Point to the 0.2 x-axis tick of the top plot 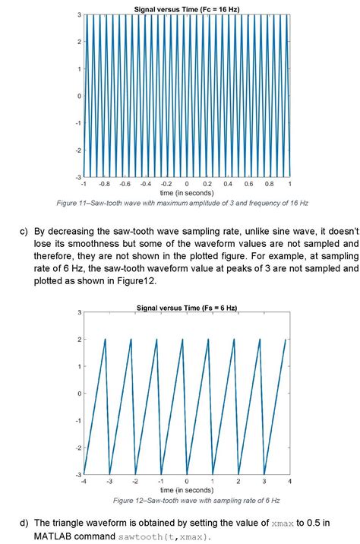click(x=207, y=184)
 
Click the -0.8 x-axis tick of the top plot click(x=104, y=184)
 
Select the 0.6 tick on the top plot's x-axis click(x=248, y=184)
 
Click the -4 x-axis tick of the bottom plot click(x=84, y=482)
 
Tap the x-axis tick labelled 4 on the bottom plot click(x=289, y=482)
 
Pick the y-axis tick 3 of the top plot click(x=79, y=15)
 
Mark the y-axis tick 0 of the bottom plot click(x=79, y=394)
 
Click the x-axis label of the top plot click(x=187, y=193)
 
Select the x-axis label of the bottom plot click(x=187, y=491)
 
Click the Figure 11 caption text click(x=187, y=203)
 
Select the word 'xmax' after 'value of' click(x=282, y=523)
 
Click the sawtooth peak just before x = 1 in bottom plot click(x=208, y=340)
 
